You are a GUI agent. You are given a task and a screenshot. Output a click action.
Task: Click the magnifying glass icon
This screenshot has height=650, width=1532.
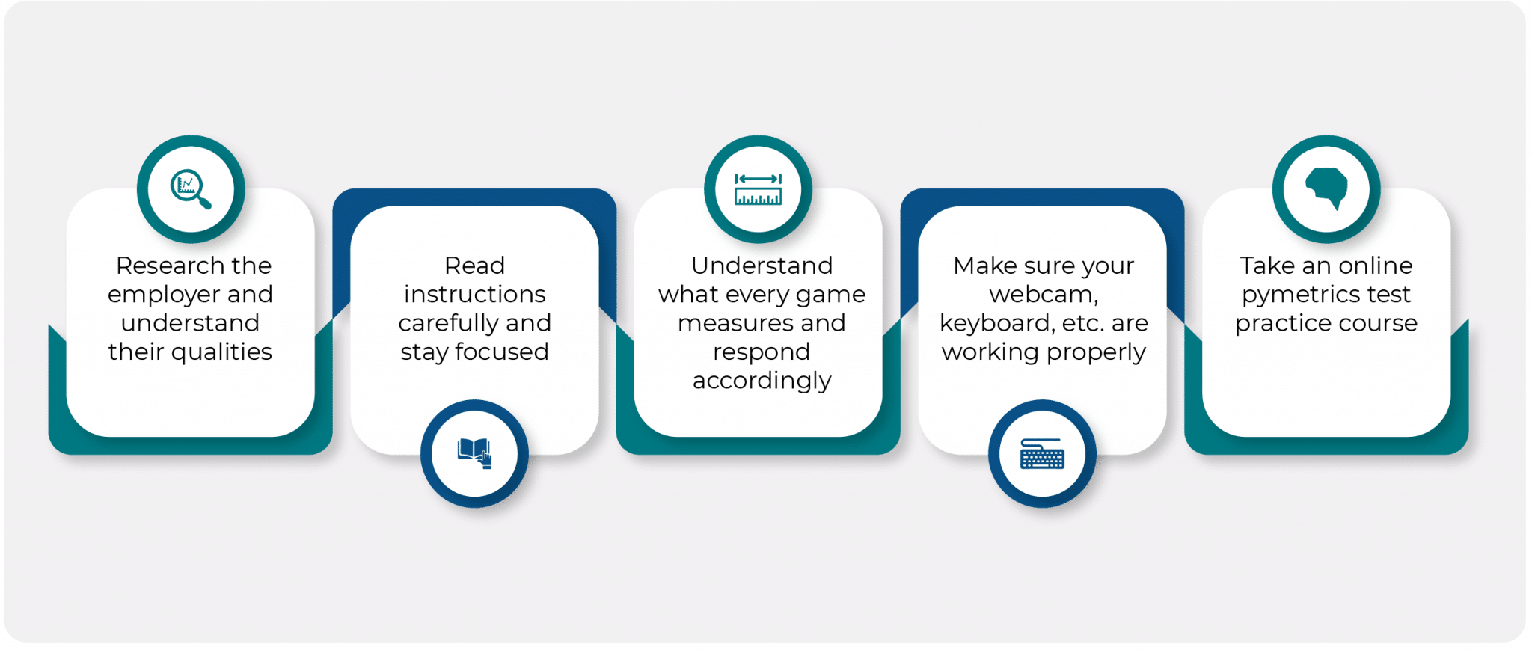191,189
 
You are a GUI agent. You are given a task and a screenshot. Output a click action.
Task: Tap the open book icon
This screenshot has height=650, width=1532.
474,453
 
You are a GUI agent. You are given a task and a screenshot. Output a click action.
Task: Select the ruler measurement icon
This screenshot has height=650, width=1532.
758,189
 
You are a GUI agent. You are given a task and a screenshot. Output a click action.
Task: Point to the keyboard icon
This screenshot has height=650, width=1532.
1042,453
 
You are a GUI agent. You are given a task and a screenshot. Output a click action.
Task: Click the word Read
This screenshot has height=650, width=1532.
474,266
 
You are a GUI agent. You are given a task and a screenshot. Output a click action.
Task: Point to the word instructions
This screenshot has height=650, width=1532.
474,295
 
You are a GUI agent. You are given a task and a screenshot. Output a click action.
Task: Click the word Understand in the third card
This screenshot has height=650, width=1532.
762,266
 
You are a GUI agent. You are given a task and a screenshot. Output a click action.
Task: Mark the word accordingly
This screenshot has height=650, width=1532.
762,381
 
